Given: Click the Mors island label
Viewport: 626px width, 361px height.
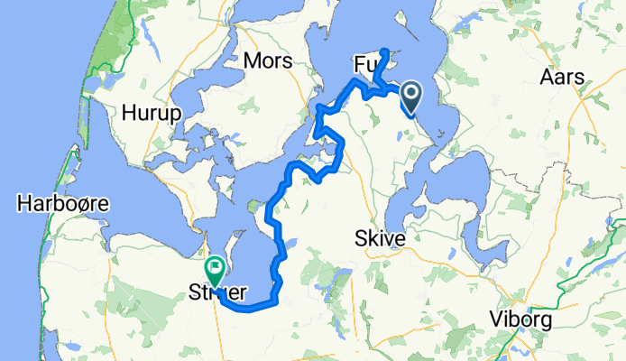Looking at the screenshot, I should pyautogui.click(x=269, y=60).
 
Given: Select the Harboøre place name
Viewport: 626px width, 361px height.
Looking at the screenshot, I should pyautogui.click(x=62, y=205).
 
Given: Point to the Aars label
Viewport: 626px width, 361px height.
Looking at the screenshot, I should pyautogui.click(x=562, y=78).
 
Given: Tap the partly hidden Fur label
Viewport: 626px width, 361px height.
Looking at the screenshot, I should pyautogui.click(x=366, y=65).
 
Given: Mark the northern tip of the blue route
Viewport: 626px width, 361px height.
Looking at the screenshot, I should pyautogui.click(x=385, y=50).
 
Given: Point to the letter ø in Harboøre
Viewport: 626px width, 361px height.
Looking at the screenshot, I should pyautogui.click(x=87, y=205).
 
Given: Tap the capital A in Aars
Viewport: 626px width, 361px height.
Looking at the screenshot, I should pyautogui.click(x=547, y=78).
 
